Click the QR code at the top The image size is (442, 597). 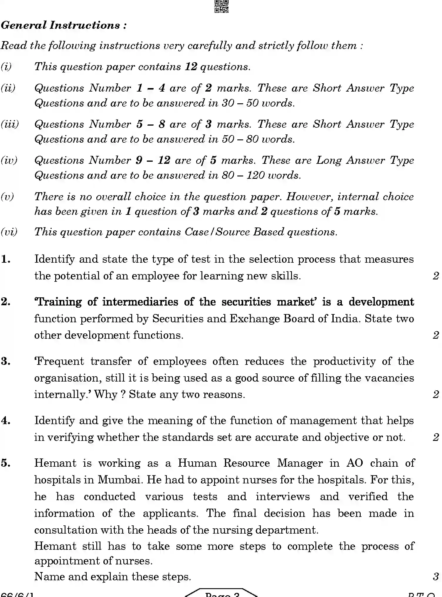point(221,6)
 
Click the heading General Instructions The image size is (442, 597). point(63,25)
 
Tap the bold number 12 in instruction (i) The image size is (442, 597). point(191,67)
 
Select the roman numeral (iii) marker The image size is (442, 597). point(9,124)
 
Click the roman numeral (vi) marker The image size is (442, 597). point(9,232)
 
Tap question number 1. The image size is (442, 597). point(6,259)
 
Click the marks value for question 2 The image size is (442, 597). point(436,335)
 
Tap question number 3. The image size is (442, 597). point(6,362)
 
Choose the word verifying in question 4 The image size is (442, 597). point(70,438)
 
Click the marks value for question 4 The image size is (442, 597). point(436,438)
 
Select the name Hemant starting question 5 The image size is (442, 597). point(55,463)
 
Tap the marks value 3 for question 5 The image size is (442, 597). point(436,577)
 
